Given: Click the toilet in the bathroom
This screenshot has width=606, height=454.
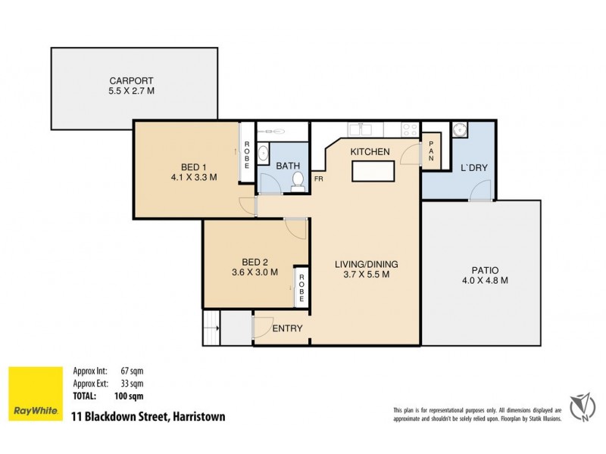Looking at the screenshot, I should tap(298, 180).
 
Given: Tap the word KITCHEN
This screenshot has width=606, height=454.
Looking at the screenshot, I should tap(370, 152).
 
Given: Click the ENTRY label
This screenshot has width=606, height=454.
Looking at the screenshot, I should tap(287, 328).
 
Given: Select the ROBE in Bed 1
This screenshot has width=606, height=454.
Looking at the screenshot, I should tap(245, 155).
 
